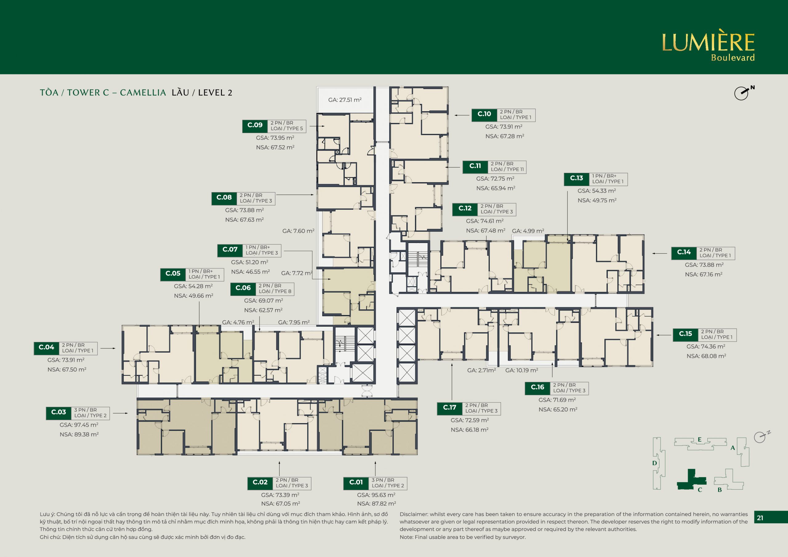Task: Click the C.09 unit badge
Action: [x=255, y=126]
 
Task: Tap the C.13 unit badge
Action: [x=577, y=179]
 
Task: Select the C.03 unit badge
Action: [x=59, y=413]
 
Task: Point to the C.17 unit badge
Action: [x=450, y=408]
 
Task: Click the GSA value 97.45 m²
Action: [x=79, y=425]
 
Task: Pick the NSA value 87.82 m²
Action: [x=376, y=503]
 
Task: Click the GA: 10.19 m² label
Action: [x=522, y=370]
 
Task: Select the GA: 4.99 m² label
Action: [x=528, y=231]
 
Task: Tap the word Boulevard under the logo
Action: [x=733, y=58]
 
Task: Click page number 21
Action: [x=760, y=518]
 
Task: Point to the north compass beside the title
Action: [x=743, y=93]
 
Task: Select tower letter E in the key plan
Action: [x=699, y=440]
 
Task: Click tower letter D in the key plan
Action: [x=654, y=463]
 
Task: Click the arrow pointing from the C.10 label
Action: [x=462, y=115]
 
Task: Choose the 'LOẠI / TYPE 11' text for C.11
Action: [x=507, y=169]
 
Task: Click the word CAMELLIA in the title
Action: [x=143, y=93]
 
